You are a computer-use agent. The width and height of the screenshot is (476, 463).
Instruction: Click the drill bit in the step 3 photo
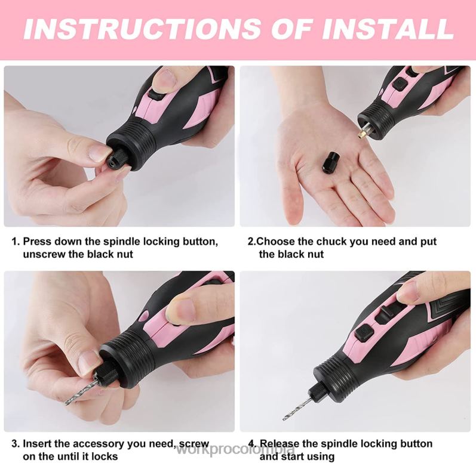(84, 388)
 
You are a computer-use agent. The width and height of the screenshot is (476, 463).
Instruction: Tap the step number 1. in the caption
(16, 242)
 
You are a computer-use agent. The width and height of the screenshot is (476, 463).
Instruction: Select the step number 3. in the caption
(16, 445)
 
